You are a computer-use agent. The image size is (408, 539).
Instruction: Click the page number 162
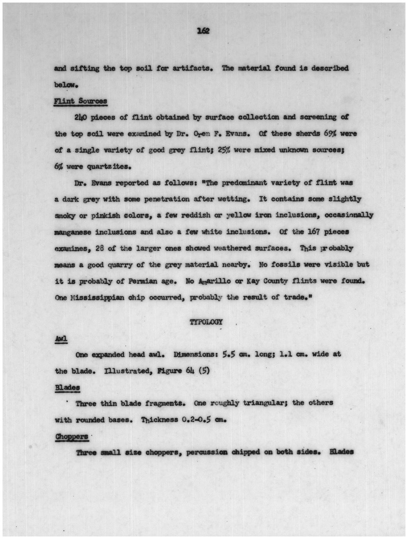[203, 31]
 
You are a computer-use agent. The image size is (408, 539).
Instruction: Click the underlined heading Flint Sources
[80, 101]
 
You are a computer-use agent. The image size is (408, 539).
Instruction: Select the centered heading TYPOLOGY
[206, 322]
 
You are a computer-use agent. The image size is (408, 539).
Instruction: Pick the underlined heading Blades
[68, 387]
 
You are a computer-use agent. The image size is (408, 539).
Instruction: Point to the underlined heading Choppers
[71, 436]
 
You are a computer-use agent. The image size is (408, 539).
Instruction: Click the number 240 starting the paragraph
[80, 117]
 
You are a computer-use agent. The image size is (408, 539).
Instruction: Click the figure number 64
[190, 371]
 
